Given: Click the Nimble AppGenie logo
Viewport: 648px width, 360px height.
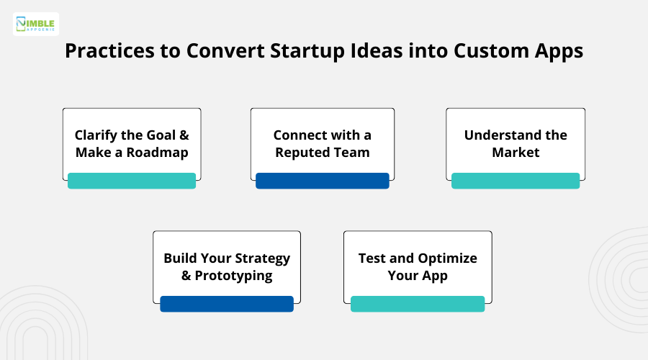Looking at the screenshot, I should pyautogui.click(x=36, y=24).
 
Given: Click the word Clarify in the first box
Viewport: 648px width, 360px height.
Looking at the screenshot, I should pyautogui.click(x=98, y=135).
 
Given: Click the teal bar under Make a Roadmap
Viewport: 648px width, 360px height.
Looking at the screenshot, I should pyautogui.click(x=132, y=181).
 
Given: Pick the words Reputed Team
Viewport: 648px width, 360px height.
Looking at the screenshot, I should pyautogui.click(x=323, y=153).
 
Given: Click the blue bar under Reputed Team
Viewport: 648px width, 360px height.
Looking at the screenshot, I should pyautogui.click(x=323, y=181).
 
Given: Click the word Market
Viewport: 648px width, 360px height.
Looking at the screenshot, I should pyautogui.click(x=516, y=153).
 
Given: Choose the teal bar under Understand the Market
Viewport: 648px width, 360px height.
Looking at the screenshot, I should pyautogui.click(x=516, y=181).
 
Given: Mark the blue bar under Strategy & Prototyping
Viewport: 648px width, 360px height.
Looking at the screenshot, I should pyautogui.click(x=227, y=304).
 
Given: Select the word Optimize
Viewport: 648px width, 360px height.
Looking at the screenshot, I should pyautogui.click(x=448, y=258).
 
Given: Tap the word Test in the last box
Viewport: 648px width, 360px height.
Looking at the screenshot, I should pyautogui.click(x=372, y=258).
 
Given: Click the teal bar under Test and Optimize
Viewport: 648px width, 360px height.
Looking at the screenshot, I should pyautogui.click(x=418, y=304).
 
